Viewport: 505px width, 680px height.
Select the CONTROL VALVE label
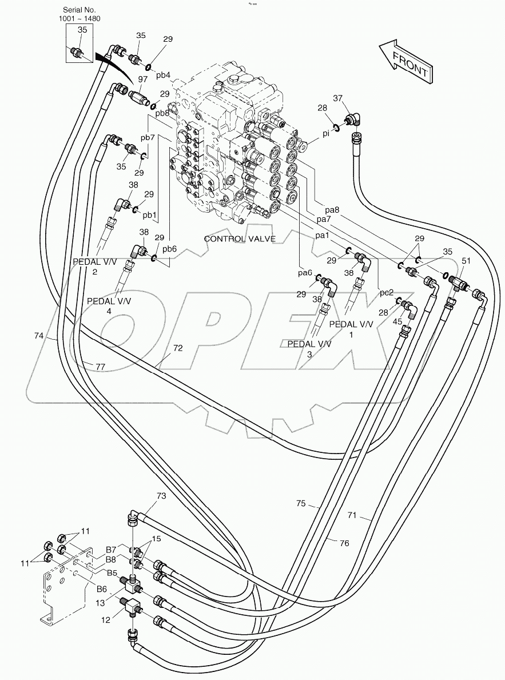[x=240, y=238]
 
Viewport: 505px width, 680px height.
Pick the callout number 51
[x=466, y=261]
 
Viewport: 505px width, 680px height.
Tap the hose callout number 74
[x=38, y=337]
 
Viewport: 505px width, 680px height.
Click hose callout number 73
[x=161, y=496]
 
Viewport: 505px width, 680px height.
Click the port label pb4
[x=164, y=75]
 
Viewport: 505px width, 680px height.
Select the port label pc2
[x=387, y=292]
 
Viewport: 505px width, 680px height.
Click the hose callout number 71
[x=351, y=516]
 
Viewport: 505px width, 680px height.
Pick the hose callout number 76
[x=344, y=543]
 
